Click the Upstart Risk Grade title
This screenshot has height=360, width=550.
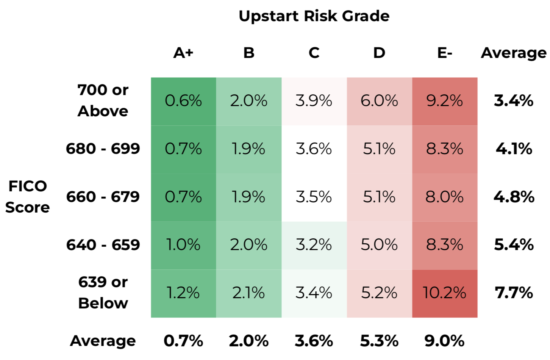tap(314, 16)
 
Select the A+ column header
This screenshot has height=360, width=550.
tap(183, 53)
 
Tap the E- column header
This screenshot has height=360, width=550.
tap(445, 53)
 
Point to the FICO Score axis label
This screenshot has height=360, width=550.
tap(28, 197)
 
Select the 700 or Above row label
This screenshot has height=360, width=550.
tap(103, 100)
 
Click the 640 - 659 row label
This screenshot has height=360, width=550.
tap(103, 245)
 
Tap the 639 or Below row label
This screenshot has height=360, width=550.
tap(103, 293)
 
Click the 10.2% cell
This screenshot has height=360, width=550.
tap(445, 293)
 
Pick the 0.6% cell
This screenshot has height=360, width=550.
tap(183, 101)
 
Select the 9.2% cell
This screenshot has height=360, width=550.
tap(445, 101)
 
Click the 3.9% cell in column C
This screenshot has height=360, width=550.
tap(314, 101)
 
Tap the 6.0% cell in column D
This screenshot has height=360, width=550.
tap(379, 101)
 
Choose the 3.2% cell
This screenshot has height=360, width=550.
tap(314, 245)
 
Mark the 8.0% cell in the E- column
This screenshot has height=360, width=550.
tap(445, 197)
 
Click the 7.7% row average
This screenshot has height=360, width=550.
tap(514, 293)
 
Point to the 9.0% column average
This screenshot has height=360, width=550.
tap(445, 341)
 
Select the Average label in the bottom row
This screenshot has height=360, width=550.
tap(103, 341)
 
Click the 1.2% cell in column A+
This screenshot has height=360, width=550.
tap(183, 293)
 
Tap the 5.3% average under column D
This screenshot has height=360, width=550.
tap(379, 341)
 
